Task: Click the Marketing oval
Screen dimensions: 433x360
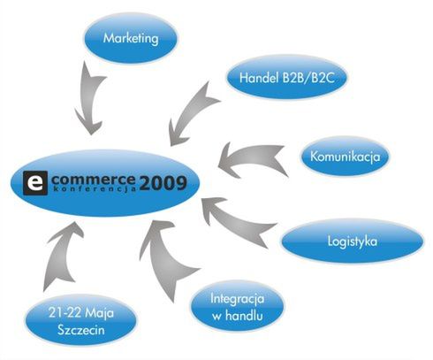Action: pyautogui.click(x=131, y=38)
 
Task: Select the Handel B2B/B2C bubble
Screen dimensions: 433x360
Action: pyautogui.click(x=286, y=78)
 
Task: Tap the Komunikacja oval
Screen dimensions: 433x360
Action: pyautogui.click(x=345, y=157)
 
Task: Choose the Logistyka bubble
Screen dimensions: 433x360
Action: pyautogui.click(x=353, y=241)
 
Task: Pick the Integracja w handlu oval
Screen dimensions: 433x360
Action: pyautogui.click(x=237, y=307)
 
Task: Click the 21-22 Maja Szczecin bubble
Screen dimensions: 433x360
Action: pyautogui.click(x=80, y=320)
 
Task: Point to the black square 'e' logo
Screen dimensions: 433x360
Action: pyautogui.click(x=35, y=183)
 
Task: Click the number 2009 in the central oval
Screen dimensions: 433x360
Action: pyautogui.click(x=163, y=183)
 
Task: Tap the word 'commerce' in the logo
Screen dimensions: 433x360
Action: pyautogui.click(x=94, y=180)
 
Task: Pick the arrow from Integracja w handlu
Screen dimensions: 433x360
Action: pyautogui.click(x=166, y=259)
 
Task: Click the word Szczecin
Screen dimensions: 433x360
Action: pyautogui.click(x=81, y=330)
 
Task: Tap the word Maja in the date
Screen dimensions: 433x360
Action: pyautogui.click(x=100, y=313)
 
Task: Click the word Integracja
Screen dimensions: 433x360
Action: pyautogui.click(x=237, y=299)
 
